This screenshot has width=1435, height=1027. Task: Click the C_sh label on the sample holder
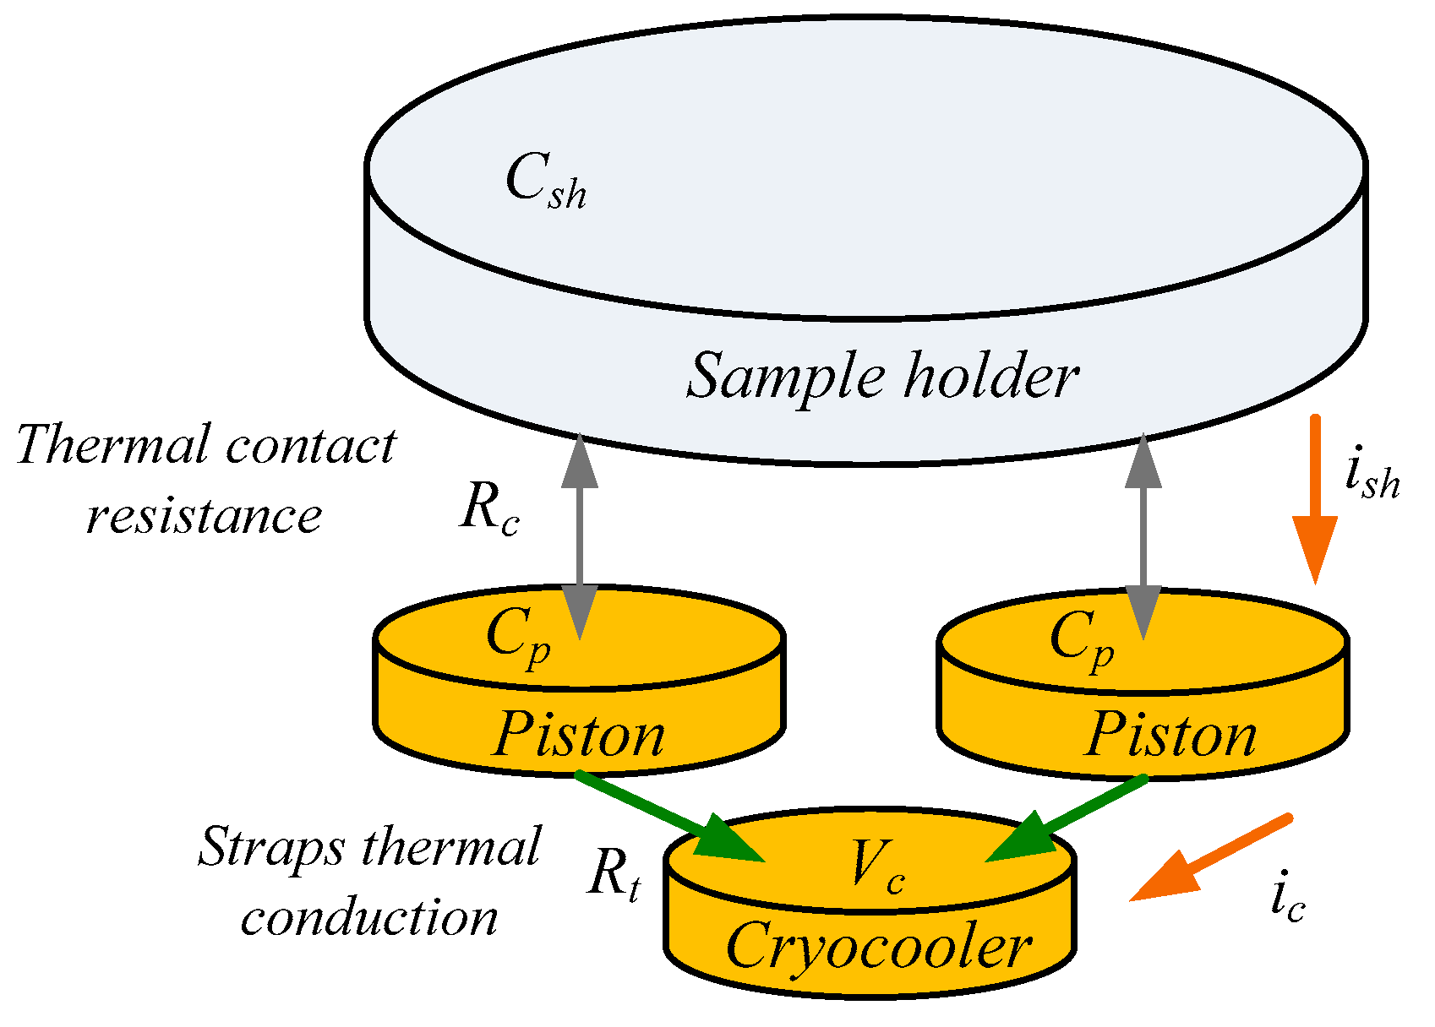[545, 182]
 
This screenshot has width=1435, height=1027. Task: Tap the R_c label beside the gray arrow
[489, 511]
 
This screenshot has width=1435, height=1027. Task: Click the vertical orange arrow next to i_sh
[1315, 498]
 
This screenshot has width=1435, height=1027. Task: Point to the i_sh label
[1372, 477]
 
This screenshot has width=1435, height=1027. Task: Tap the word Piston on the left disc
[579, 734]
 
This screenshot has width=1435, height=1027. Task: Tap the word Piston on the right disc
[1170, 734]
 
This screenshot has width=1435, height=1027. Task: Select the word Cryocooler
[879, 946]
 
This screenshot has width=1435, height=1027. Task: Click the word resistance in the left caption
[204, 515]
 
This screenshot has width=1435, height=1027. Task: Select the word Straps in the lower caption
[271, 847]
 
